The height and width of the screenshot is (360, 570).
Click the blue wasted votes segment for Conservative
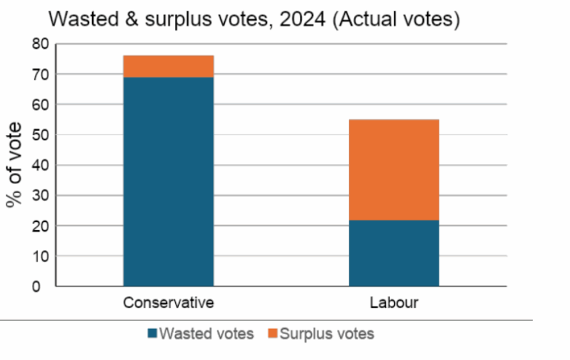[x=168, y=181]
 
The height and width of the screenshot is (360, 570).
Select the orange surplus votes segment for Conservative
[x=168, y=66]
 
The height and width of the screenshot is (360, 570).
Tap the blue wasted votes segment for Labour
[x=394, y=253]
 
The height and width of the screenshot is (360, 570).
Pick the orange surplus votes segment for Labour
[x=394, y=170]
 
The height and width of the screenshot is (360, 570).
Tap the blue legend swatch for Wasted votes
[x=152, y=334]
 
